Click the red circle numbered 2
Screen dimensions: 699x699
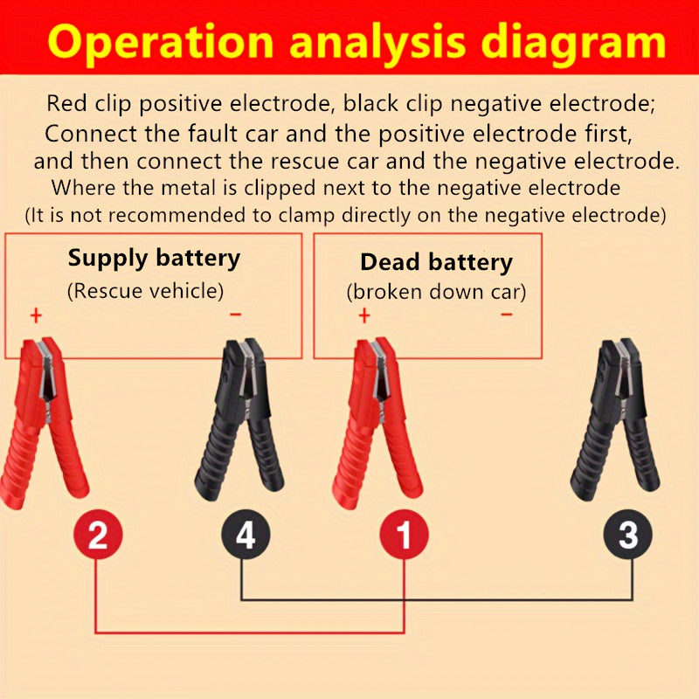pos(97,535)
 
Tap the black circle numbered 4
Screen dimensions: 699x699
pos(246,535)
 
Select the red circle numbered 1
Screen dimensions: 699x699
pos(403,535)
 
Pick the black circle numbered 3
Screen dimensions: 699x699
pos(628,535)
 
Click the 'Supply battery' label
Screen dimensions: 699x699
pos(154,258)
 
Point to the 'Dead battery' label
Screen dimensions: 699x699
pos(436,262)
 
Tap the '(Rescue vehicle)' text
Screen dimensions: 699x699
pos(145,290)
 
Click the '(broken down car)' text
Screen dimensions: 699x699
pos(437,292)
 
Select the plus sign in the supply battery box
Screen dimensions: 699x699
pos(36,315)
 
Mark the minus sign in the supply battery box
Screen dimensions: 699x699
pos(234,315)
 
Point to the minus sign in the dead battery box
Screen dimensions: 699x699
pos(507,315)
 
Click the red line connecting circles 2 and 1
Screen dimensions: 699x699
pos(249,632)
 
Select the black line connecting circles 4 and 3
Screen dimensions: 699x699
pos(437,599)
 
